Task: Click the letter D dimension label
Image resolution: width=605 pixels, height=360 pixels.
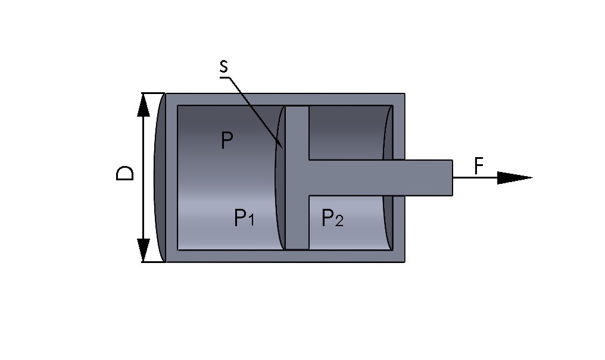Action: [x=124, y=174]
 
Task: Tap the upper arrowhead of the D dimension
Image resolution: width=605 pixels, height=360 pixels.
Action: [x=143, y=105]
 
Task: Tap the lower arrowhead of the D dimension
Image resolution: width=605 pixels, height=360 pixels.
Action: [x=143, y=249]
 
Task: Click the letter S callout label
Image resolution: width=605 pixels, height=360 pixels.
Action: [x=223, y=67]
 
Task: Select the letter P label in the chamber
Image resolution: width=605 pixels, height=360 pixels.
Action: [x=226, y=141]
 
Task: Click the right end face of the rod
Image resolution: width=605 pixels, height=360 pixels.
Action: [x=452, y=177]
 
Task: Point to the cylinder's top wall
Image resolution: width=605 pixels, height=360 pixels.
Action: [x=286, y=99]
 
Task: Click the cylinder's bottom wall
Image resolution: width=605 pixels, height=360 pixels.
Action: [x=286, y=256]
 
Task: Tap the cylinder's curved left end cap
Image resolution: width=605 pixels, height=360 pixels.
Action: [x=160, y=177]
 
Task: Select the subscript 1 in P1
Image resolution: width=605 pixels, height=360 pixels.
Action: [x=251, y=221]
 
